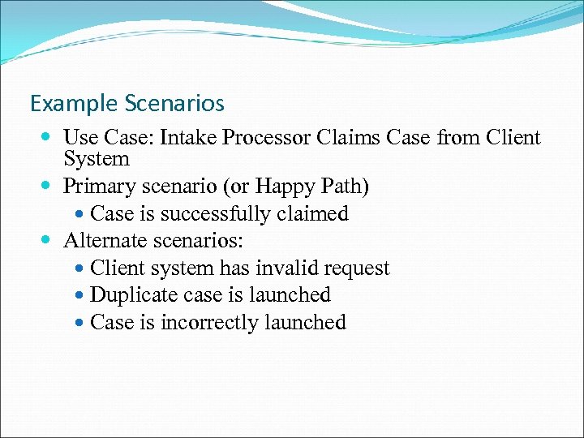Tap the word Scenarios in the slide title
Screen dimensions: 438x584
174,104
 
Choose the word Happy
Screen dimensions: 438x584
283,187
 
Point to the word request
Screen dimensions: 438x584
359,269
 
